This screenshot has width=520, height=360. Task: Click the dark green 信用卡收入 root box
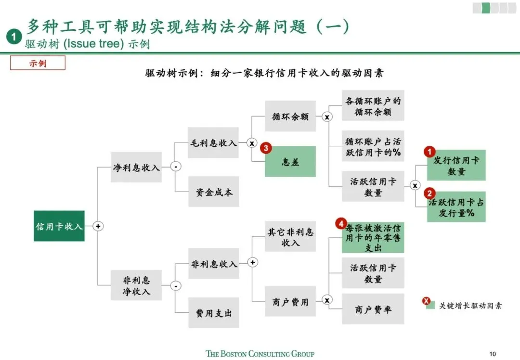click(x=59, y=226)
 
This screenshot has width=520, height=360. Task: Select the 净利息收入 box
click(x=136, y=167)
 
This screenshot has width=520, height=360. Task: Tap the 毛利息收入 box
click(x=213, y=143)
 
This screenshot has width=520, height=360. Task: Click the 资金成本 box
click(x=213, y=192)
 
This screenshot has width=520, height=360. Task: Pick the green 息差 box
click(x=290, y=162)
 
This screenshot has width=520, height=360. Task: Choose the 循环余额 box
click(x=290, y=116)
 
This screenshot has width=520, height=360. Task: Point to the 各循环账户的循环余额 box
click(x=373, y=106)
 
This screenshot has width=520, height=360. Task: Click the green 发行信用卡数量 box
click(x=456, y=165)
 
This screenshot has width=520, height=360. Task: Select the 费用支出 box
click(x=213, y=313)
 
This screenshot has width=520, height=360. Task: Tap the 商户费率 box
click(x=373, y=309)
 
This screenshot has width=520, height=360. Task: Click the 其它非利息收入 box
click(x=290, y=237)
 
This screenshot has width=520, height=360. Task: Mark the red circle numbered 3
click(x=266, y=148)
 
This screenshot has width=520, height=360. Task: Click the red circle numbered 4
click(x=341, y=224)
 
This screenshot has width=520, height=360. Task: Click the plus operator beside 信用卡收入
click(x=98, y=226)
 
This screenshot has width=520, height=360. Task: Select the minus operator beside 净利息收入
click(x=176, y=167)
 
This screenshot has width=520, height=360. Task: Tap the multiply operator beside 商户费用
click(x=327, y=300)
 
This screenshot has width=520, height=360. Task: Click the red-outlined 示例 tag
click(x=38, y=63)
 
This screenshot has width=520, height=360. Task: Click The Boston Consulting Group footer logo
click(x=260, y=354)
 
